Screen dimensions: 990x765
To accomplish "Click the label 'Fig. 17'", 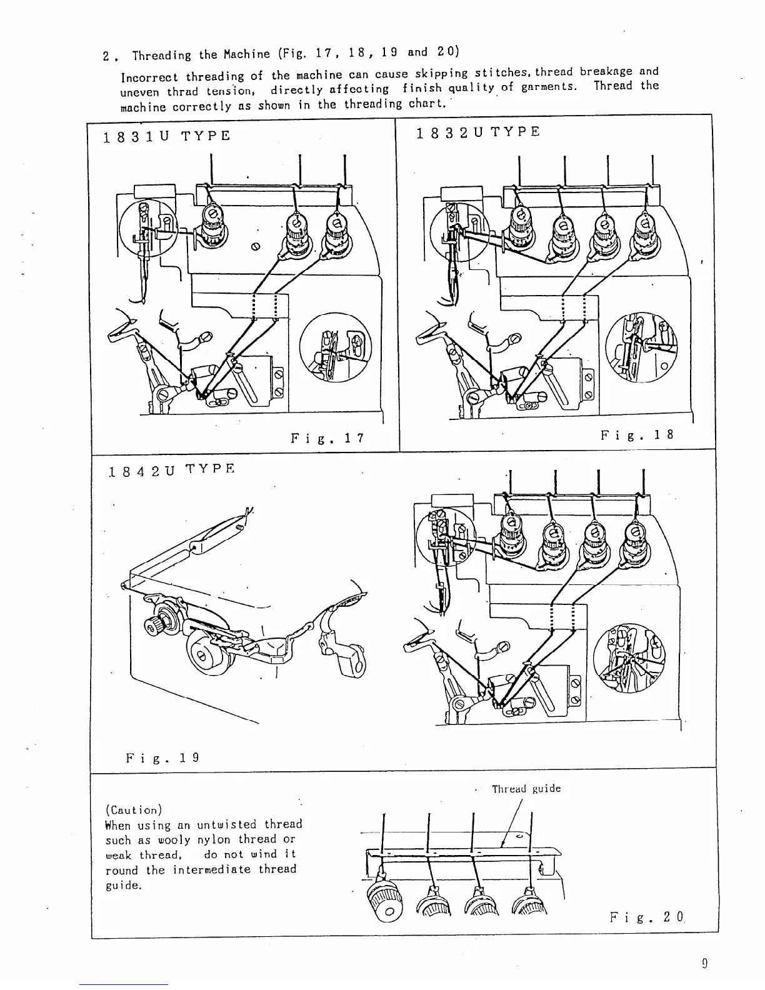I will click(x=327, y=438).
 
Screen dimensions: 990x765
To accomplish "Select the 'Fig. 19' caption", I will click(x=162, y=758).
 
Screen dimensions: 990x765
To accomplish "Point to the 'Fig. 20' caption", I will click(x=647, y=918).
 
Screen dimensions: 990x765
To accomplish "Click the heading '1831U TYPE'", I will click(x=167, y=136).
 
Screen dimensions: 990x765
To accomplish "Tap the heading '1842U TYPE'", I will click(x=170, y=470).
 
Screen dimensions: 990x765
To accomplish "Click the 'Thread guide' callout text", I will click(x=526, y=789).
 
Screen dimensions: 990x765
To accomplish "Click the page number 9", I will click(x=704, y=963).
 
